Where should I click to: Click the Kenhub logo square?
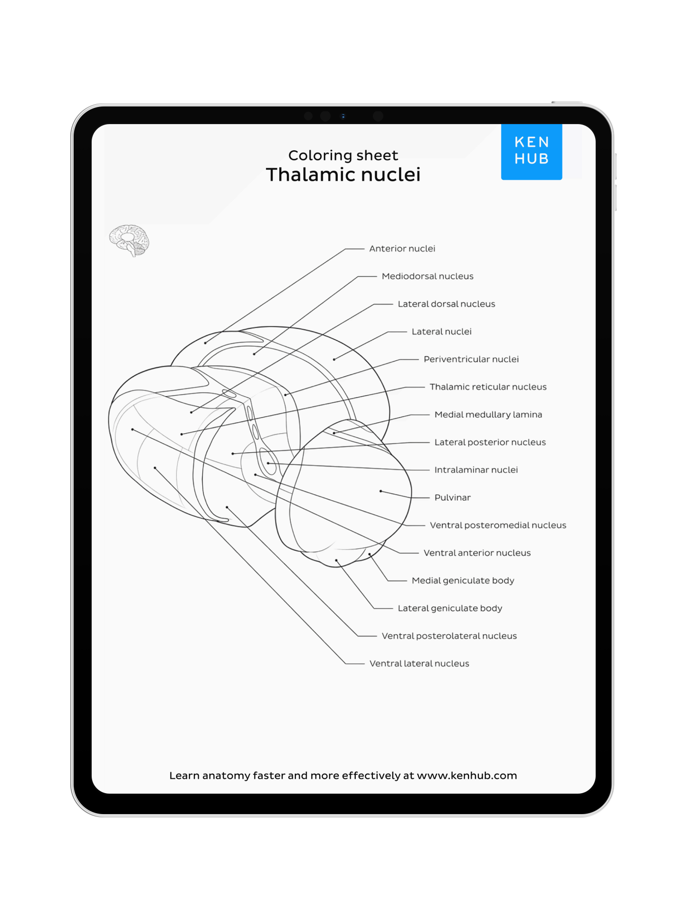point(531,151)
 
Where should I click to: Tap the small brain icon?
point(129,240)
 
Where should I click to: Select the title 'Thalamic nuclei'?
point(343,175)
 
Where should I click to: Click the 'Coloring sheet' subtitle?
point(343,155)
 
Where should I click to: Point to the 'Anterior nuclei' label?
point(402,249)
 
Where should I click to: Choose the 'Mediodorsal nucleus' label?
point(427,276)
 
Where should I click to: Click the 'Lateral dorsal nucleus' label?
point(446,304)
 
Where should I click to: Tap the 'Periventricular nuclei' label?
point(471,359)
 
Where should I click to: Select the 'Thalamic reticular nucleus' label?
point(488,387)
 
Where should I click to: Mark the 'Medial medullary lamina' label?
point(488,415)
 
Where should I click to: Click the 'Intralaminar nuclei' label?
point(476,470)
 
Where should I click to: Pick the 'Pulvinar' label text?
point(452,498)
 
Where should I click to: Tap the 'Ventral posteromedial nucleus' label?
point(498,525)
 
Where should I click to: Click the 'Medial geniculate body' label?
point(463,581)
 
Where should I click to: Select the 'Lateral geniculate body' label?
point(450,608)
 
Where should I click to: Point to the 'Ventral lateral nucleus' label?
point(419,664)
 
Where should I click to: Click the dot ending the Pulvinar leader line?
point(380,491)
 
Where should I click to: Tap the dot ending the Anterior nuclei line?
point(205,343)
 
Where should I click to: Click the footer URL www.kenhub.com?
point(466,776)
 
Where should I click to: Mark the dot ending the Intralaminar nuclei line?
point(268,463)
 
